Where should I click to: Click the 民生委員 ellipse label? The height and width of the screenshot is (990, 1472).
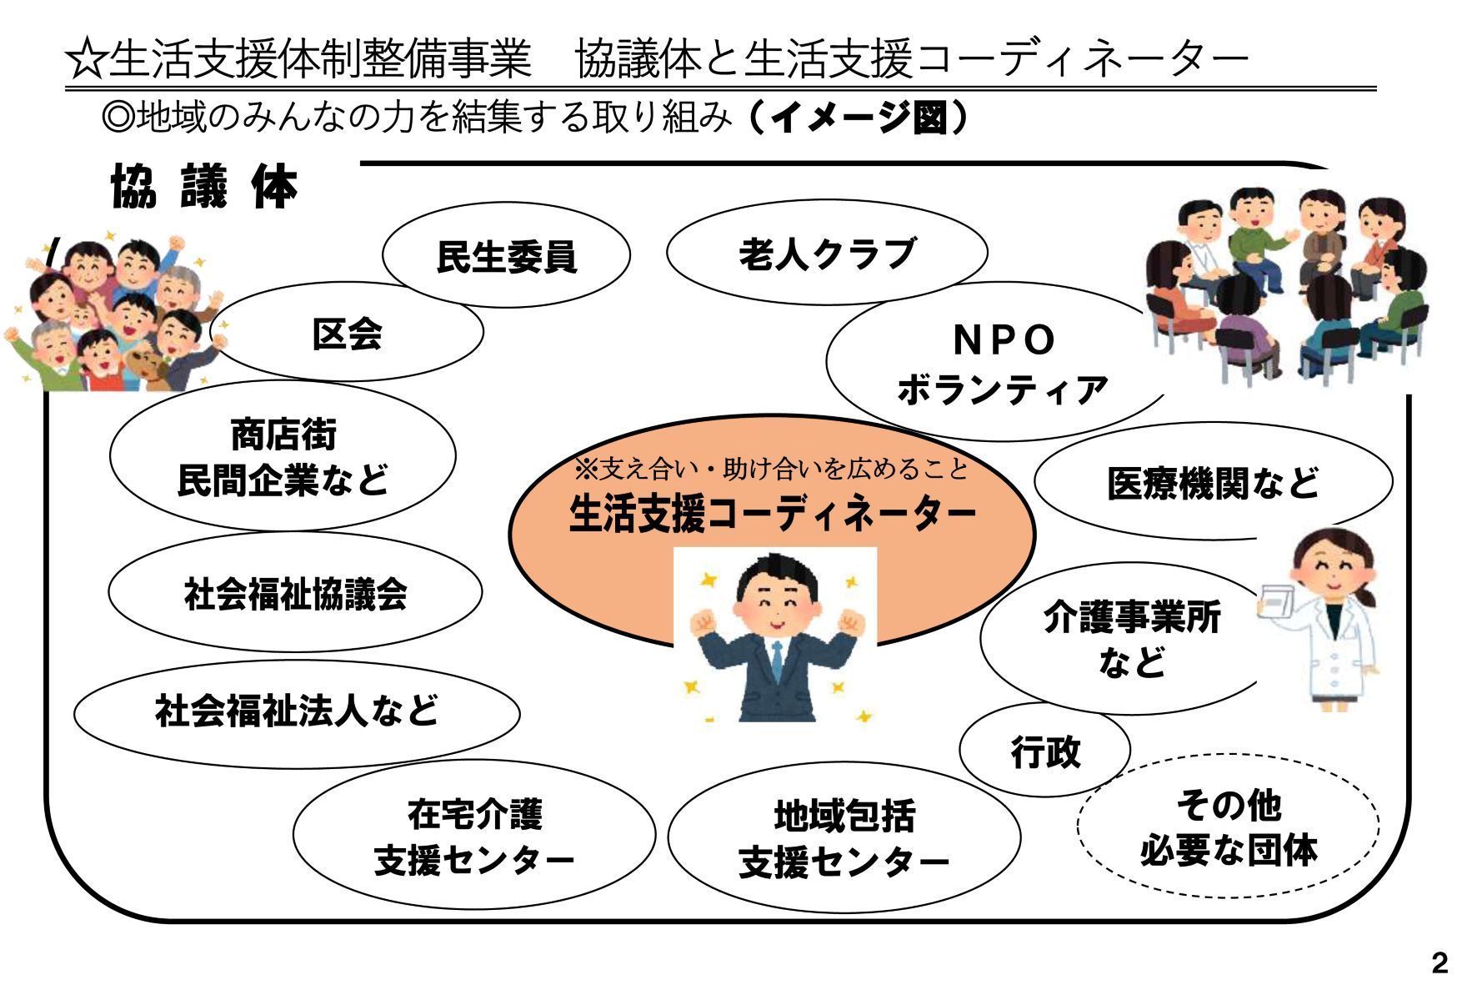pyautogui.click(x=507, y=254)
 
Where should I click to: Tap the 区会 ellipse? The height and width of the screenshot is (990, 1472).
pyautogui.click(x=347, y=332)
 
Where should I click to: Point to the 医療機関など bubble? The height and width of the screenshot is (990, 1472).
pyautogui.click(x=1213, y=482)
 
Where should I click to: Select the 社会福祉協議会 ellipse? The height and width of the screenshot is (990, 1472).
pyautogui.click(x=295, y=593)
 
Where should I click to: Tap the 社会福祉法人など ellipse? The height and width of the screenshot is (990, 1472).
pyautogui.click(x=297, y=711)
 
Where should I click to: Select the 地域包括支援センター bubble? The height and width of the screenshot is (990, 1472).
pyautogui.click(x=844, y=837)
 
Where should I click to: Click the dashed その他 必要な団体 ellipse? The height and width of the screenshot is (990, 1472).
pyautogui.click(x=1228, y=826)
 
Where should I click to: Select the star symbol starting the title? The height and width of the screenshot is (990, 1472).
pyautogui.click(x=86, y=60)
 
